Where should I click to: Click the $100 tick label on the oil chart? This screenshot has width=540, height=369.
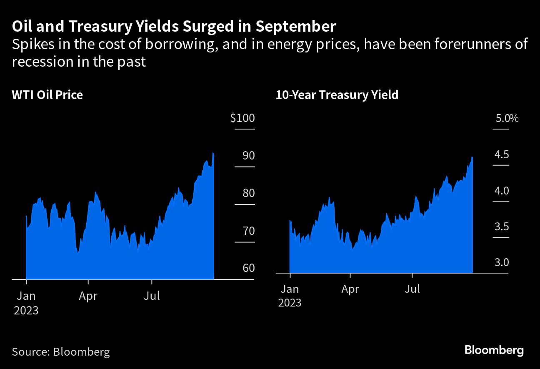point(242,118)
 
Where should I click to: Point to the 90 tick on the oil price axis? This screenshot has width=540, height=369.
point(248,156)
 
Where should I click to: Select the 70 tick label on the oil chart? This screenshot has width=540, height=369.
point(248,231)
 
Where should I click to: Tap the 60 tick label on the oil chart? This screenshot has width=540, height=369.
point(248,268)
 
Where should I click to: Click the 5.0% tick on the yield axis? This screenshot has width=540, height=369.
point(506,119)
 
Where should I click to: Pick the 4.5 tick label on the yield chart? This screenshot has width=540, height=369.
point(502,155)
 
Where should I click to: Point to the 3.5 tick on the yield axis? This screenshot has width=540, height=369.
point(502,227)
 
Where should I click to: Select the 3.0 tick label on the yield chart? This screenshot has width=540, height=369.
point(502,263)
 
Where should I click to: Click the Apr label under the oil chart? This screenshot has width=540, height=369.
point(88,296)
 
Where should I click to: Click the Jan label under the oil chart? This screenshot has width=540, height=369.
point(26,296)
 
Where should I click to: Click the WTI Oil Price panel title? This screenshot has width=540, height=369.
point(47,95)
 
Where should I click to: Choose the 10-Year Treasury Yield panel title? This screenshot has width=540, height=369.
point(337,95)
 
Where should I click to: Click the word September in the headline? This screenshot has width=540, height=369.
point(295,27)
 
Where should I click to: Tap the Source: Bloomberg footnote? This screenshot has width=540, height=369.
point(61,352)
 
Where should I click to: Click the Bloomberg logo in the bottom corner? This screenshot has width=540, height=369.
point(494,350)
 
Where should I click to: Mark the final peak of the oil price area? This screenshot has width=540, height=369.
point(213,153)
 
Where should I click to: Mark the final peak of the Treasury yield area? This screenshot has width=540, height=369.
point(472,157)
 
